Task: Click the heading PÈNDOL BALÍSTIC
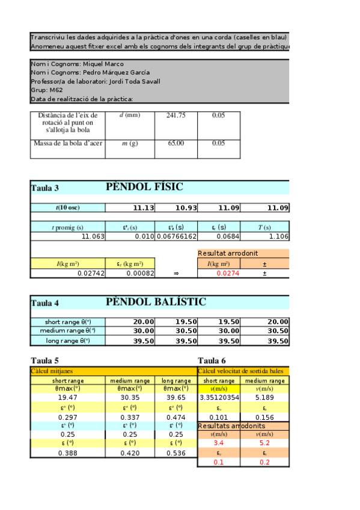point(156,301)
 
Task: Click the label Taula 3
point(45,188)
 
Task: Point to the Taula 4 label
point(45,303)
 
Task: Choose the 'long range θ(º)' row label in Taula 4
point(68,341)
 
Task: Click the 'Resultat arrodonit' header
point(225,254)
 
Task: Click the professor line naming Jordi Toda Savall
point(95,81)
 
